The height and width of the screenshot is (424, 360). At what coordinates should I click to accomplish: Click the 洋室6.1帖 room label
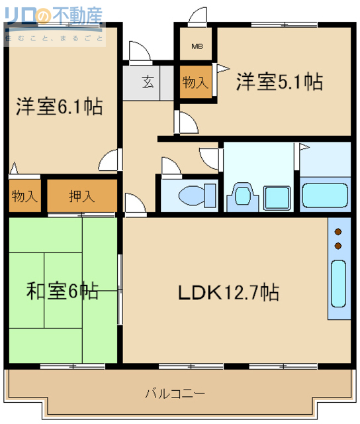(x=60, y=106)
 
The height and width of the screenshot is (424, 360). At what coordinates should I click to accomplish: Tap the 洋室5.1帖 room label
(x=279, y=82)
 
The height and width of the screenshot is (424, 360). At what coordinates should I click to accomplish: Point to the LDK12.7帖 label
(x=227, y=291)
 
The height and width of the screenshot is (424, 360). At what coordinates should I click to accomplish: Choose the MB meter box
(x=197, y=46)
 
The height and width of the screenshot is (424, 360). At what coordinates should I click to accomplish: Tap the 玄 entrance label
(x=148, y=83)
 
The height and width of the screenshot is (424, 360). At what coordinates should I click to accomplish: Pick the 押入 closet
(x=82, y=196)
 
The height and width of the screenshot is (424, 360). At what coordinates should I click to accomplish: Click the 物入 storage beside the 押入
(x=24, y=196)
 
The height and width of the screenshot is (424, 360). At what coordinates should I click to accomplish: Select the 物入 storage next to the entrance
(x=196, y=83)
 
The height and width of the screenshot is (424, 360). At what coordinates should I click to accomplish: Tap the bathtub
(x=325, y=195)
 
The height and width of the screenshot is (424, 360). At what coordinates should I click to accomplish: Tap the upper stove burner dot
(x=339, y=232)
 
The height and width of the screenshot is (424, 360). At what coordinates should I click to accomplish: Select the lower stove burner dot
(x=339, y=246)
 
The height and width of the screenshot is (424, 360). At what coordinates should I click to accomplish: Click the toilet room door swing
(x=170, y=166)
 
